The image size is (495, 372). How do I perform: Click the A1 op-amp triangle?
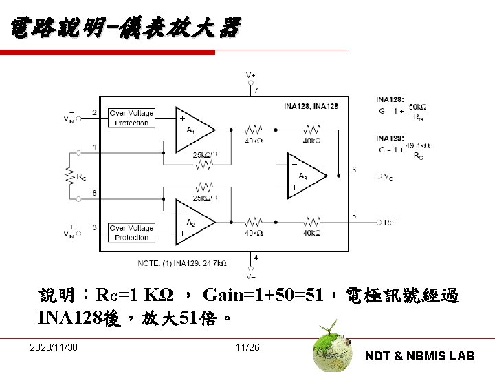[195, 128]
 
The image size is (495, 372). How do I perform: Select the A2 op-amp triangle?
[195, 222]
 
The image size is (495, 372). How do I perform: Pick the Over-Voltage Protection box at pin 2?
[131, 117]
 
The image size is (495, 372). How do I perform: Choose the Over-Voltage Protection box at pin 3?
[131, 232]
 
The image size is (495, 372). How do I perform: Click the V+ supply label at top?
[252, 74]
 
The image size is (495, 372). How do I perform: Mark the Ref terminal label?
[390, 223]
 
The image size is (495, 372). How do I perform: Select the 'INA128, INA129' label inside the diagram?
[311, 106]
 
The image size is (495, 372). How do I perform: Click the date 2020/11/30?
[54, 346]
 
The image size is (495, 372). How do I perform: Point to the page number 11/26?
[247, 346]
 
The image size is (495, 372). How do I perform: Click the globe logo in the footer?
[329, 347]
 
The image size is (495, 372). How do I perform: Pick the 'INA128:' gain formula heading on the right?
[390, 98]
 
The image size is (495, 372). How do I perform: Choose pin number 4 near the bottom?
[256, 258]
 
